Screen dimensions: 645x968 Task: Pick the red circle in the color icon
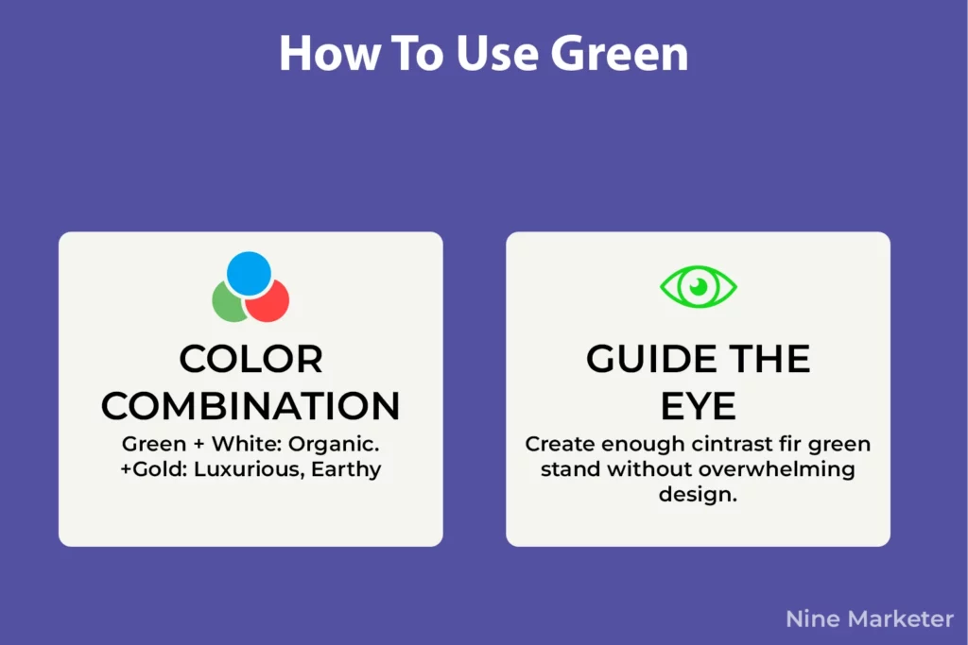[x=268, y=301]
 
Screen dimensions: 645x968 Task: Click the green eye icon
[x=699, y=286]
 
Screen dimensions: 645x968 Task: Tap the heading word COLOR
[x=251, y=360]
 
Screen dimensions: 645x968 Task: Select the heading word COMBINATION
[x=251, y=406]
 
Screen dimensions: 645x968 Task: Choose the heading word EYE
[x=698, y=406]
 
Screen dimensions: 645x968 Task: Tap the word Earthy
[x=350, y=469]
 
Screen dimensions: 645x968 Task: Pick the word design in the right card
[x=696, y=494]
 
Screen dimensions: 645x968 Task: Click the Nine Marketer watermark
[x=870, y=620]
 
